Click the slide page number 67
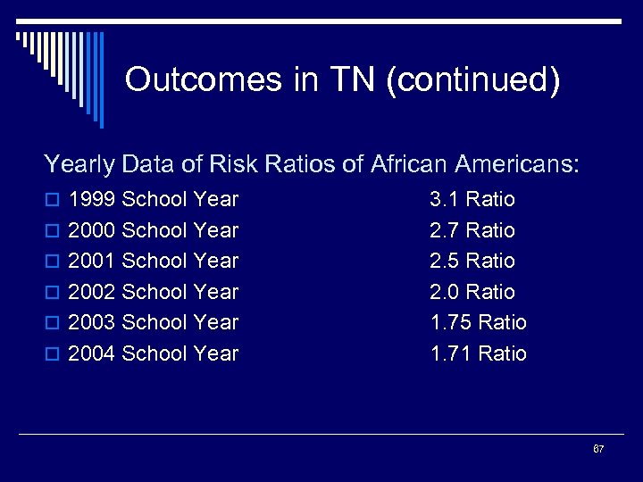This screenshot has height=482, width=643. click(598, 448)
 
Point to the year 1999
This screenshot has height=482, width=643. click(92, 199)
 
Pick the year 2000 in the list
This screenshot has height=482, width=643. click(92, 230)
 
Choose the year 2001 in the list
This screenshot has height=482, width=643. click(92, 261)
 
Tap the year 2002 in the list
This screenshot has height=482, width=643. click(92, 292)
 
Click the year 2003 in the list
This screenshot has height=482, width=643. click(92, 322)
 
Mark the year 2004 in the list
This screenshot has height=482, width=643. click(92, 353)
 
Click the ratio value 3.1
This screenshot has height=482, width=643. click(445, 199)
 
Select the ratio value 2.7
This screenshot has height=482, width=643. click(445, 230)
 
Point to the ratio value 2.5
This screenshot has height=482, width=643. click(445, 261)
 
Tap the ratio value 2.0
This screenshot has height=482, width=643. click(445, 292)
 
